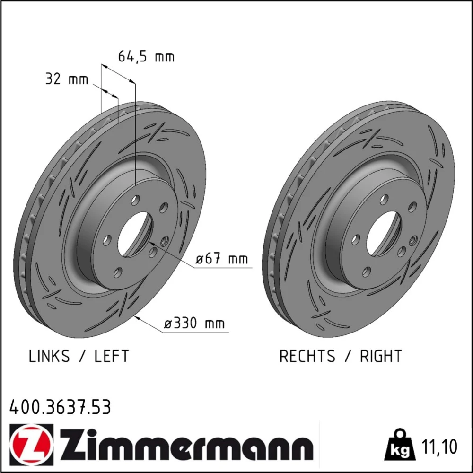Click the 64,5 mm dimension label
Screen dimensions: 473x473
[x=146, y=56]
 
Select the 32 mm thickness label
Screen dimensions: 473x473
[x=67, y=79]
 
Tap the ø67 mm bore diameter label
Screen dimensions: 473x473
[x=222, y=259]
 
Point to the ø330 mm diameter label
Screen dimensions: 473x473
[x=194, y=324]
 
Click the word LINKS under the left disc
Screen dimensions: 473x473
[x=49, y=356]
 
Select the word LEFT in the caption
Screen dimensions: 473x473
[x=112, y=356]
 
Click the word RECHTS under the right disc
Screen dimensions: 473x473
[x=307, y=356]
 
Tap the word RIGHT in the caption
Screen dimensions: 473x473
[x=381, y=356]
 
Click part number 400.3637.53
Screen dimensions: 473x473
[x=61, y=407]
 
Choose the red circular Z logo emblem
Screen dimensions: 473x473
[x=31, y=445]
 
